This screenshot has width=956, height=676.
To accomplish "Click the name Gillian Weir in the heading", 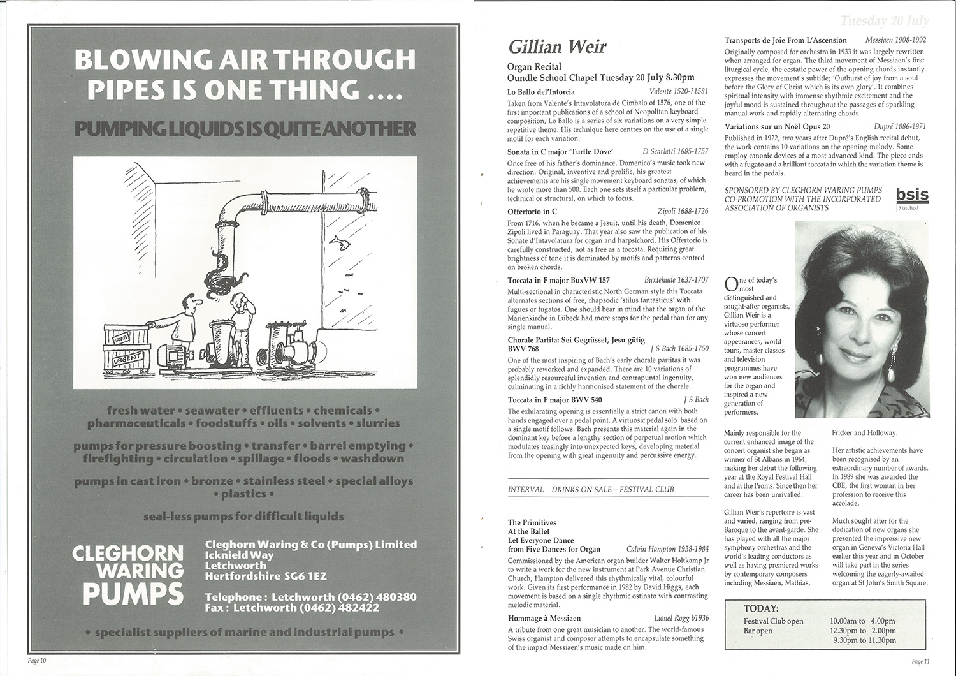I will (557, 47).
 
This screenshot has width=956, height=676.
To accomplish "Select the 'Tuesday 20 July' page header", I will (885, 21).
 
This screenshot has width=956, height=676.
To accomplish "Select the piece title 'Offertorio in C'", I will (532, 211).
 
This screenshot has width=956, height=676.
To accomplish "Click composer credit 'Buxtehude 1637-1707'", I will (676, 280).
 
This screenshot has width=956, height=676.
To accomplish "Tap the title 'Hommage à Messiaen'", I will (544, 618).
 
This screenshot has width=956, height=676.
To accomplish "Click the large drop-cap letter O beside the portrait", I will (730, 283).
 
